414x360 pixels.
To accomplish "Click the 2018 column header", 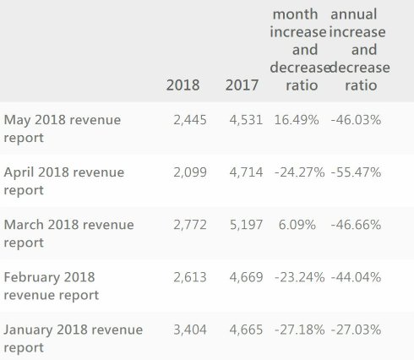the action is point(182,85).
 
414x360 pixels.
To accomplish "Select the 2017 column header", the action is point(242,85).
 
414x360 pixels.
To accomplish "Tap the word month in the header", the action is point(295,14).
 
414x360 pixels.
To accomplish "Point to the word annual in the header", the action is point(354,14).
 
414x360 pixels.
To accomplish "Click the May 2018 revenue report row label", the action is point(63,128).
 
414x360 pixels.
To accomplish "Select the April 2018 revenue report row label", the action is point(64,181).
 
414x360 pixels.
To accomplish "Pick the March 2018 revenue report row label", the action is point(68,233).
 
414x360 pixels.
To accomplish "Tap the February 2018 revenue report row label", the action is point(52,286).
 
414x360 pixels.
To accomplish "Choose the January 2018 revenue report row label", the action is point(74,338).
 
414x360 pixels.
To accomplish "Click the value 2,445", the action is point(190,120).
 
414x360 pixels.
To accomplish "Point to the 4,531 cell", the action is point(246,120).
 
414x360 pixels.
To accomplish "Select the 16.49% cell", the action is point(297,120).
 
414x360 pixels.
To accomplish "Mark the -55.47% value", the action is point(356,172).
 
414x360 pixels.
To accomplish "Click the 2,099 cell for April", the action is point(190,172).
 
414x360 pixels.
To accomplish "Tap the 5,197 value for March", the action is point(246,225).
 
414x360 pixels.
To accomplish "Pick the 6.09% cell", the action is point(297,225).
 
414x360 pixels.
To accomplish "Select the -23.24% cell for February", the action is point(300,277).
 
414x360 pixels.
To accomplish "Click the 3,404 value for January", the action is point(190,330).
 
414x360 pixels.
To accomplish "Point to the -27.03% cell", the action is point(356,330).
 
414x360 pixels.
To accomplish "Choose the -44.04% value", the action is point(356,277).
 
